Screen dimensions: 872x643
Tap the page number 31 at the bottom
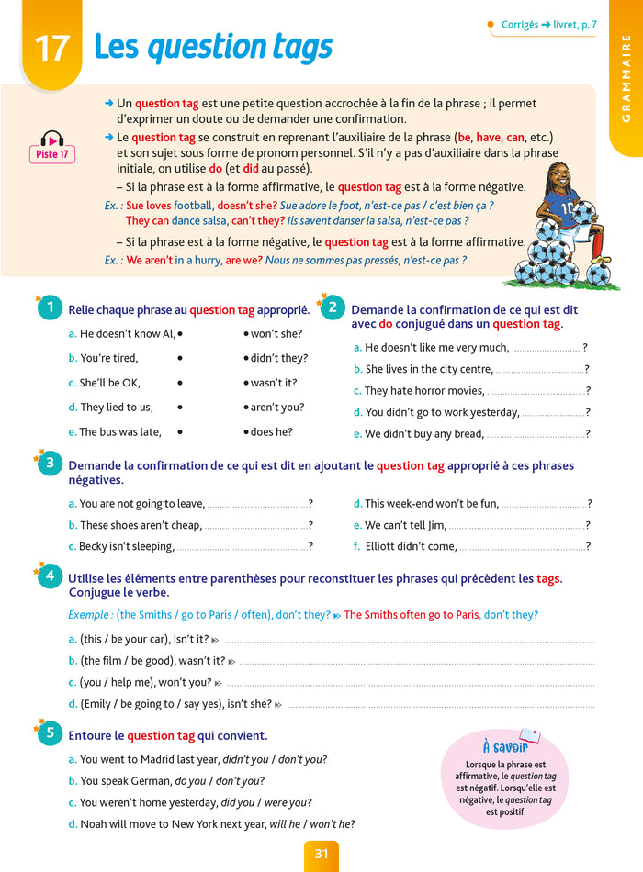321,854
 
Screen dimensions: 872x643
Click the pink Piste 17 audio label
51,155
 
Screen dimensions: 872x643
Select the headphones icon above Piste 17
51,139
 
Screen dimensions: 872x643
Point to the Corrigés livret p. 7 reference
549,25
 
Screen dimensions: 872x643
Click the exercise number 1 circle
51,309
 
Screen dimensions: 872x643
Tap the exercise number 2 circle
332,307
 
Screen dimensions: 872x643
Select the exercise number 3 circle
51,464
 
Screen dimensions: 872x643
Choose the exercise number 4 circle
51,577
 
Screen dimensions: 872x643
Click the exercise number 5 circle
51,734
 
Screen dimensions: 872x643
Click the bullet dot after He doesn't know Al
181,334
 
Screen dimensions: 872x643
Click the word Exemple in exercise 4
89,615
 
